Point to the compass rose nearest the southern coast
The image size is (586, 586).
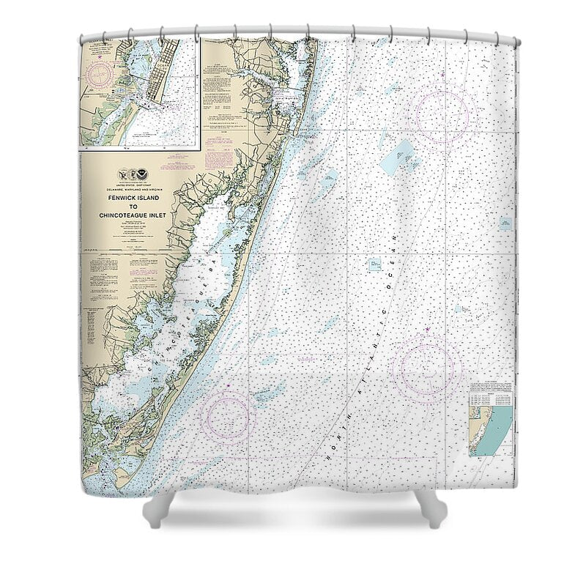click(x=228, y=415)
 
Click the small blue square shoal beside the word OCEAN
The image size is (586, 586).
click(x=375, y=263)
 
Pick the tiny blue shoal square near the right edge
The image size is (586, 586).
click(x=505, y=223)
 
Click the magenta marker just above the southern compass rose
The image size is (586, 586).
click(x=229, y=384)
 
